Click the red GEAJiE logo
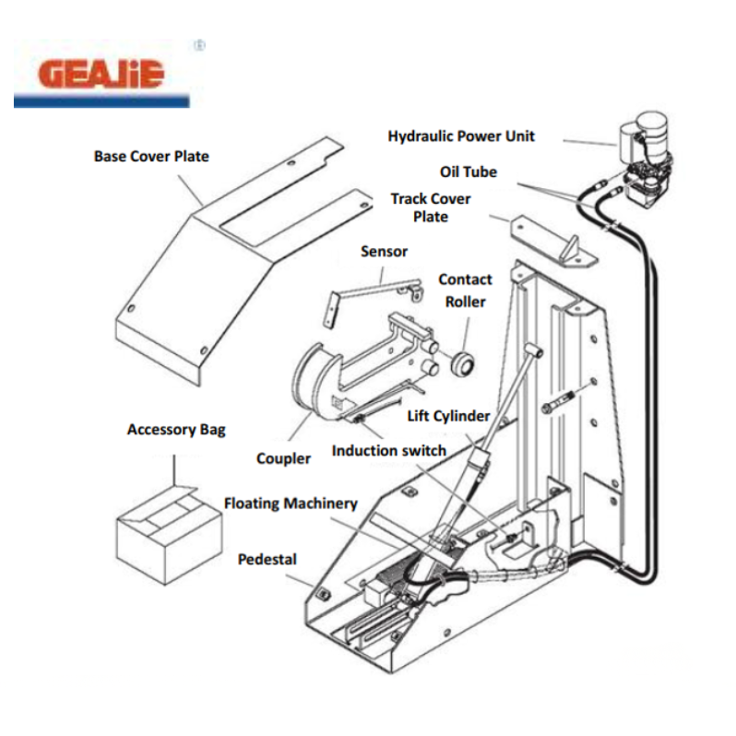pyautogui.click(x=101, y=74)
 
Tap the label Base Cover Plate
pyautogui.click(x=151, y=156)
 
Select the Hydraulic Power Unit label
pyautogui.click(x=461, y=137)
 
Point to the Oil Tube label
pyautogui.click(x=469, y=172)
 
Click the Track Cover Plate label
pyautogui.click(x=431, y=208)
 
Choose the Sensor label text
pyautogui.click(x=384, y=252)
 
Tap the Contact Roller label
pyautogui.click(x=465, y=291)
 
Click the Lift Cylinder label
pyautogui.click(x=448, y=416)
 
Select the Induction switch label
pyautogui.click(x=388, y=451)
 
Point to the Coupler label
pyautogui.click(x=283, y=458)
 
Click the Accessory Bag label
pyautogui.click(x=176, y=430)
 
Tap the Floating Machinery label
pyautogui.click(x=291, y=504)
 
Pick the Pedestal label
pyautogui.click(x=267, y=560)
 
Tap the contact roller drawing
pyautogui.click(x=462, y=363)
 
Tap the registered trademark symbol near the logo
pyautogui.click(x=199, y=45)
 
